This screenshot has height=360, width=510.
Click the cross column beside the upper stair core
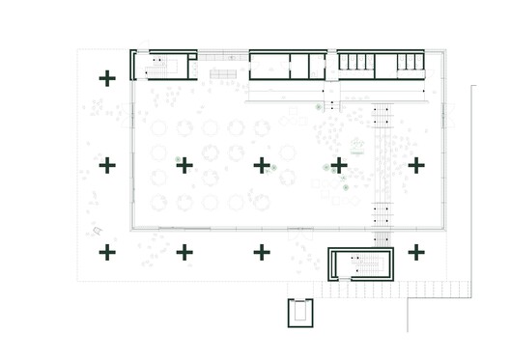(x=107, y=76)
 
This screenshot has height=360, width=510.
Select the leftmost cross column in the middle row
(x=107, y=165)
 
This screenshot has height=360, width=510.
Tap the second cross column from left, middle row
(x=184, y=165)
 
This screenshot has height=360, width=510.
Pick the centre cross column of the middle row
(x=262, y=165)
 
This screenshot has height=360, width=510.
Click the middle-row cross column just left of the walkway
(x=339, y=165)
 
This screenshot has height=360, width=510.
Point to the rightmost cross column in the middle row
(x=416, y=165)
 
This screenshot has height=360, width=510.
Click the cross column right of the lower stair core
(x=416, y=252)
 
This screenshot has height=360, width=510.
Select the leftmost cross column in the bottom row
(x=107, y=252)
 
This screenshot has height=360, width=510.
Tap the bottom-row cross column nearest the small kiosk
(x=262, y=252)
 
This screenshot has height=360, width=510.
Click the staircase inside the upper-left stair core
(x=159, y=66)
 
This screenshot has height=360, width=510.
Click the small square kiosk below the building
(x=300, y=312)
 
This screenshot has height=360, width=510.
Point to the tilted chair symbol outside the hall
(x=97, y=230)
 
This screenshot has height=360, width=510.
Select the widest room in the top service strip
(x=269, y=66)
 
